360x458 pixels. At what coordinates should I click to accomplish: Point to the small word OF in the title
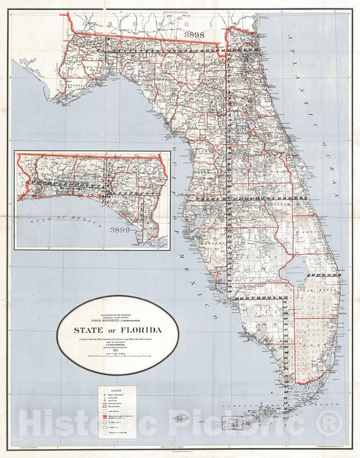(x=116, y=330)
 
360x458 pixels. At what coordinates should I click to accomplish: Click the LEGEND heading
(x=116, y=390)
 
